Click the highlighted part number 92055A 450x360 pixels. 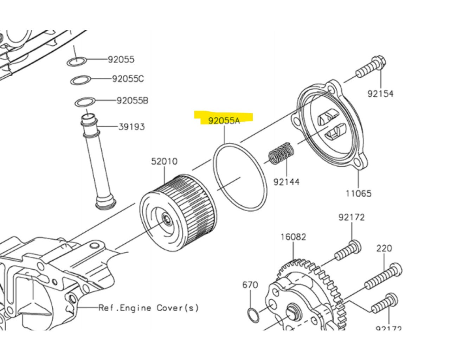click(224, 121)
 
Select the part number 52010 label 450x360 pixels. click(164, 161)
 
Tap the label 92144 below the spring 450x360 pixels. click(287, 182)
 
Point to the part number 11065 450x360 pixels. click(358, 193)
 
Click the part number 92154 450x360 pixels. click(380, 94)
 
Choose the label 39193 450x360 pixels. click(131, 127)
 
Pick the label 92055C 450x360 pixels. click(128, 79)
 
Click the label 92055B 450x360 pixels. click(132, 101)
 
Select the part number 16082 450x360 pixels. click(293, 237)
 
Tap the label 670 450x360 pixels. click(250, 284)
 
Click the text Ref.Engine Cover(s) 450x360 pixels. click(148, 308)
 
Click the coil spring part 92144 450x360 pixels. click(281, 153)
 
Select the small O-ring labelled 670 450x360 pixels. click(253, 315)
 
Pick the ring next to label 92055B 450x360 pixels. click(85, 102)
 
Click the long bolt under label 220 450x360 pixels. click(383, 278)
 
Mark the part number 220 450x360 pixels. click(384, 248)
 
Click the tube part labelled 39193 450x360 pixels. click(97, 162)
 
